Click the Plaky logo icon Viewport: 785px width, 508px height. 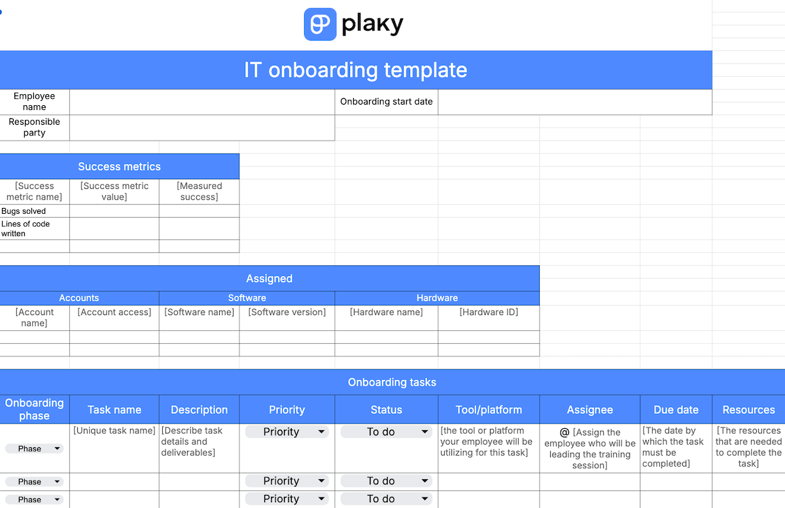coord(320,24)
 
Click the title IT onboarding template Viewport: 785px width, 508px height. coord(355,70)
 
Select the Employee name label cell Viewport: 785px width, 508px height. coord(34,101)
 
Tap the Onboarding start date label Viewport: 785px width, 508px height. coord(386,101)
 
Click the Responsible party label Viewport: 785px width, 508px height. coord(34,127)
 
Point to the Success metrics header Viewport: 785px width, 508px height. coord(119,167)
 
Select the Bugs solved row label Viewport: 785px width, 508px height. coord(24,211)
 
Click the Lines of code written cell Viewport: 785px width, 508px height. coord(26,228)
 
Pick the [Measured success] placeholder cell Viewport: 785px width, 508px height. coord(199,191)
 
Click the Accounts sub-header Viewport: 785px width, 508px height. coord(79,297)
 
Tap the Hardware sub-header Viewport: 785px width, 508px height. coord(437,297)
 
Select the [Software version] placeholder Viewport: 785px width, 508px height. coord(287,312)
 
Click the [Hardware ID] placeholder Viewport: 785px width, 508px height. coord(489,312)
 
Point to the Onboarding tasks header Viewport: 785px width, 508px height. coord(392,382)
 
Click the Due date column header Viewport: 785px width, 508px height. coord(676,410)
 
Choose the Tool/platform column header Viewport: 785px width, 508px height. coord(489,410)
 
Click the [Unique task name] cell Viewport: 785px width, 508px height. coord(114,430)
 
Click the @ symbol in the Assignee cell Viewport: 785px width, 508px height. coord(565,432)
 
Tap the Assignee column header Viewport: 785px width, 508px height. coord(589,410)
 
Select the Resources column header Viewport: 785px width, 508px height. coord(748,410)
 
